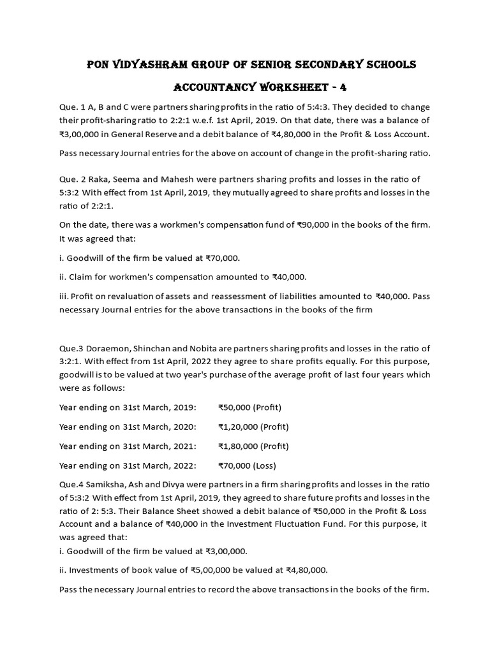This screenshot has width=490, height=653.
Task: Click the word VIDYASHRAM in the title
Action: pyautogui.click(x=150, y=64)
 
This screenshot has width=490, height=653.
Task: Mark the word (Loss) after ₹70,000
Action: pyautogui.click(x=264, y=465)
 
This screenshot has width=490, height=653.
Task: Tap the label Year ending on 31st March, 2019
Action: pyautogui.click(x=128, y=407)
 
